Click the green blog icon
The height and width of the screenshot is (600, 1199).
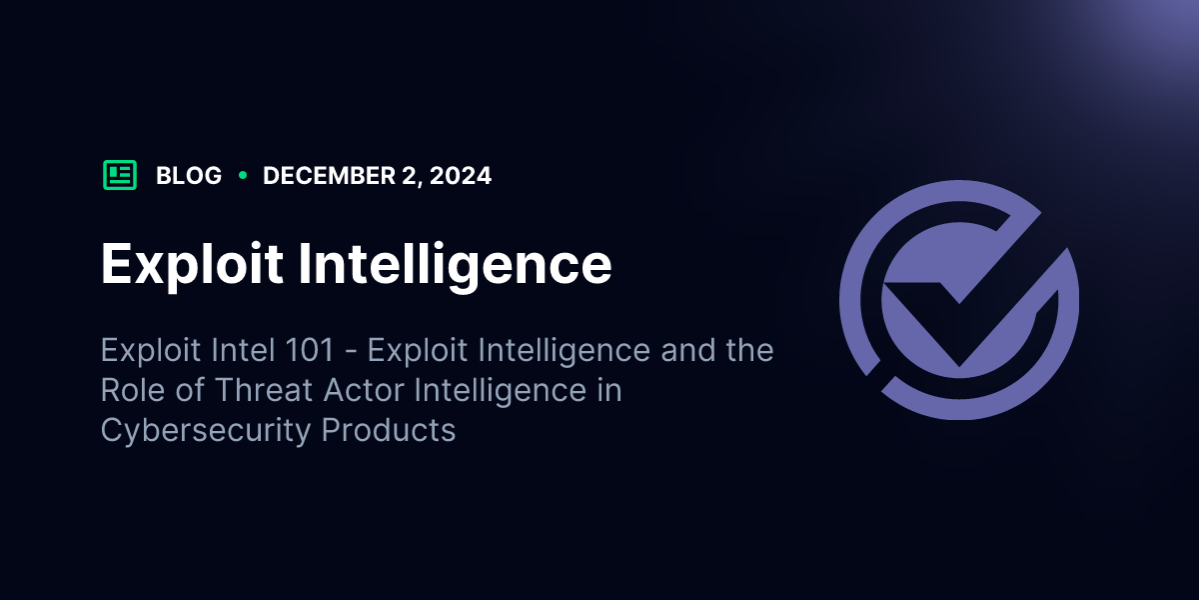click(x=120, y=175)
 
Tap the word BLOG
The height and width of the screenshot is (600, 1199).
click(x=189, y=176)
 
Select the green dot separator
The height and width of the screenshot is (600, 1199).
click(x=243, y=175)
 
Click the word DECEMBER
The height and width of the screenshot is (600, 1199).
click(x=329, y=176)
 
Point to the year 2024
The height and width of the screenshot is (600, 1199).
click(x=461, y=176)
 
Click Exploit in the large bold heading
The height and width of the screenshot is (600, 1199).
click(x=192, y=265)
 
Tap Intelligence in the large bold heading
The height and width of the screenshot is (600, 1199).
click(x=455, y=265)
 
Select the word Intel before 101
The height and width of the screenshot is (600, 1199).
click(x=243, y=350)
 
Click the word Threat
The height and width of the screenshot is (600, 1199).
click(x=264, y=390)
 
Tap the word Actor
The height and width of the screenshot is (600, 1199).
click(x=364, y=390)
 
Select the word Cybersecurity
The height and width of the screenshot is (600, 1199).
click(x=206, y=431)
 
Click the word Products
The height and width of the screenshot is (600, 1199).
click(x=389, y=430)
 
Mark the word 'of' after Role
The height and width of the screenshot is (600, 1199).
click(x=190, y=390)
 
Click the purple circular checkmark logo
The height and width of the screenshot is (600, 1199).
click(x=958, y=300)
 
